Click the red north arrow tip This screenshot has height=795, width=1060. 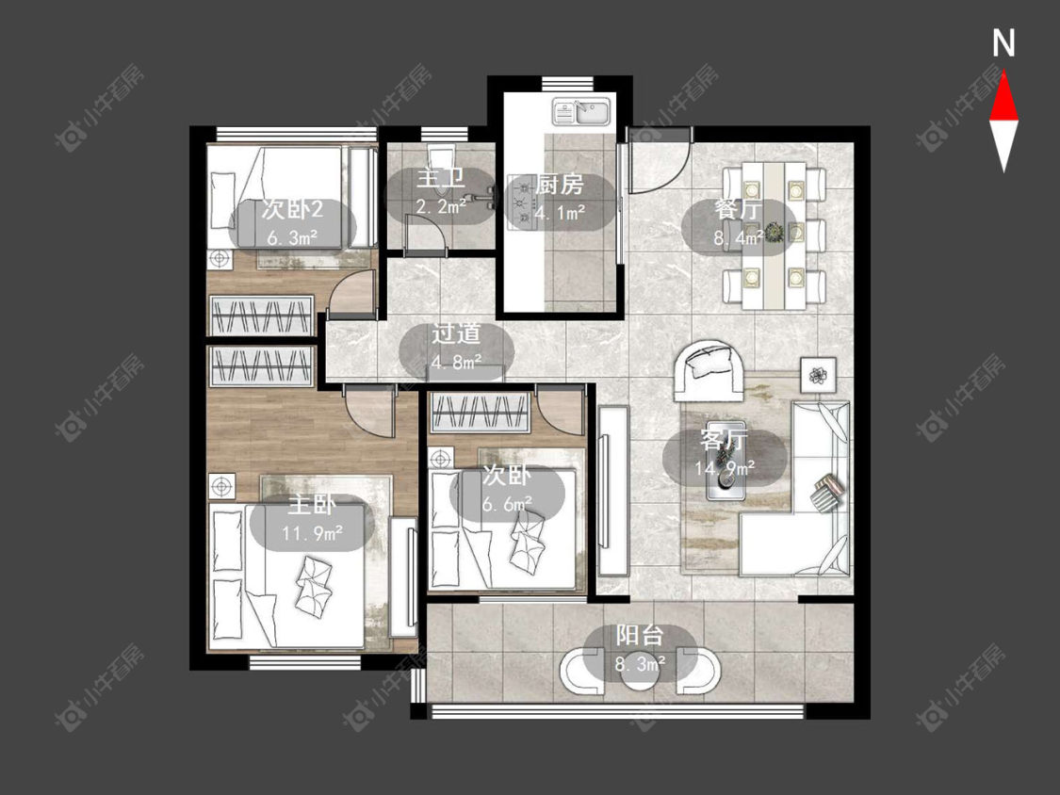pos(1003,73)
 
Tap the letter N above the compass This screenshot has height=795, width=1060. pos(1003,44)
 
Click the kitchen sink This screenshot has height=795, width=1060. pos(582,111)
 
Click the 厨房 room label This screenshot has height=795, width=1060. pos(559,185)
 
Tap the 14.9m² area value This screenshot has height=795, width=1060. pos(725,466)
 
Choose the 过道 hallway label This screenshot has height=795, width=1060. pos(456,333)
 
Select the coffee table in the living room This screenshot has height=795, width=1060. pos(726,476)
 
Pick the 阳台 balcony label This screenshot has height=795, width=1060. pos(640,636)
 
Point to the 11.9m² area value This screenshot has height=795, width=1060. pos(312,533)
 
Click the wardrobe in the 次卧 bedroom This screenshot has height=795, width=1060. pos(480,413)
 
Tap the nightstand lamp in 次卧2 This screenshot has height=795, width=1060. pos(220,258)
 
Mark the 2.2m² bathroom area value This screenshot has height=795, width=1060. pos(441,205)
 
